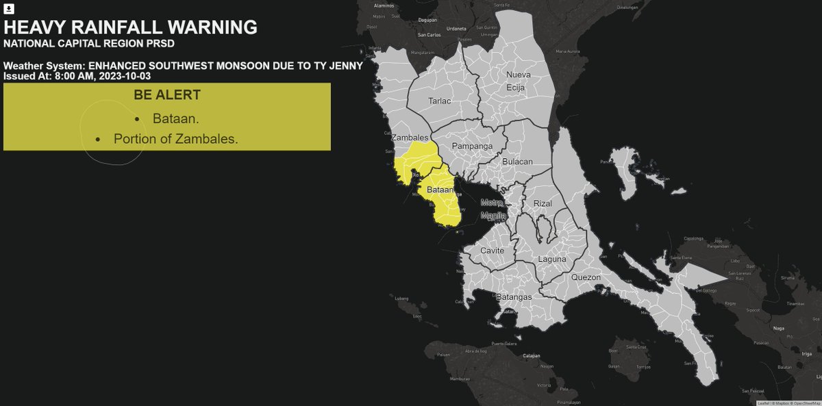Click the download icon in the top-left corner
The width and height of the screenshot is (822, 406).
click(x=10, y=10)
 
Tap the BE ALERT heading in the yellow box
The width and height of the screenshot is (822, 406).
click(x=167, y=95)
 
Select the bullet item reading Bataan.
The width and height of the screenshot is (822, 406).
click(x=176, y=118)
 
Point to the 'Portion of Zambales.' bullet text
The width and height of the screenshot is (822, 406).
click(x=176, y=138)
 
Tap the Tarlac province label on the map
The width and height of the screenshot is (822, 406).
click(x=440, y=101)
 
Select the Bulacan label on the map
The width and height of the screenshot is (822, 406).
click(x=517, y=162)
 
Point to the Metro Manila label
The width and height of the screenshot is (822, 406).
click(x=493, y=210)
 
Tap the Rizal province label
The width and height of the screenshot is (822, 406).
click(x=542, y=203)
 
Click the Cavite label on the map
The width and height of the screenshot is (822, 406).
click(x=492, y=251)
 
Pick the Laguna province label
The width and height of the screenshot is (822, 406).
click(x=552, y=259)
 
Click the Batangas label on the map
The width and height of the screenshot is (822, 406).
click(x=514, y=298)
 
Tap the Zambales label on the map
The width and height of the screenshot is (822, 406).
click(x=410, y=138)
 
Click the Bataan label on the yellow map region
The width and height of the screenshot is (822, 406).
click(x=439, y=189)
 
